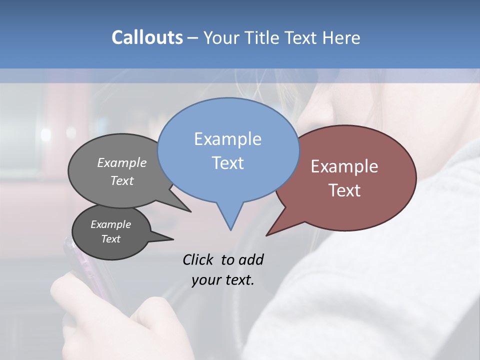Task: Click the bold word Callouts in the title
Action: click(147, 37)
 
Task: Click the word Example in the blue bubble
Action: click(227, 139)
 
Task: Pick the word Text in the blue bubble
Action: click(227, 163)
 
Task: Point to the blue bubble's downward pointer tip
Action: click(230, 229)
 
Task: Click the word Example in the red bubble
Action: click(344, 166)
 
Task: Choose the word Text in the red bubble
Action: click(344, 190)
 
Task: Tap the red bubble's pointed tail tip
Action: click(267, 235)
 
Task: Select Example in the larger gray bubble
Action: click(122, 163)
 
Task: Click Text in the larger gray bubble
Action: click(122, 180)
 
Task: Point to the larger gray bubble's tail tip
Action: click(190, 211)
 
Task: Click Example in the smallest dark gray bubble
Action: click(110, 224)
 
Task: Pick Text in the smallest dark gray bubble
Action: click(110, 239)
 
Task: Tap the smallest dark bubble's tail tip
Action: click(173, 239)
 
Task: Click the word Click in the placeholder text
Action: click(198, 259)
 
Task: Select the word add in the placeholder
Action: click(251, 259)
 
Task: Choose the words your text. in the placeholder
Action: click(223, 279)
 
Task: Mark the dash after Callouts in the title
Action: click(193, 38)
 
